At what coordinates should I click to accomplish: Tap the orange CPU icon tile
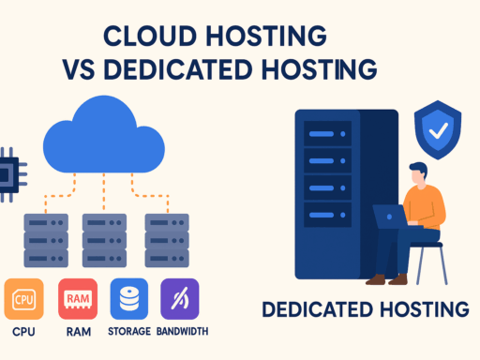coord(23,299)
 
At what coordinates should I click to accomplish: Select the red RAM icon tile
coord(76,299)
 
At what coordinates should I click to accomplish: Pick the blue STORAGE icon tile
coord(128,299)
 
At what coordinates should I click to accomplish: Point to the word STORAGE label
coord(128,331)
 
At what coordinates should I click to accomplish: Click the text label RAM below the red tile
coord(77,331)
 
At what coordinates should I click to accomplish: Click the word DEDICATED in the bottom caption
coord(324,308)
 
